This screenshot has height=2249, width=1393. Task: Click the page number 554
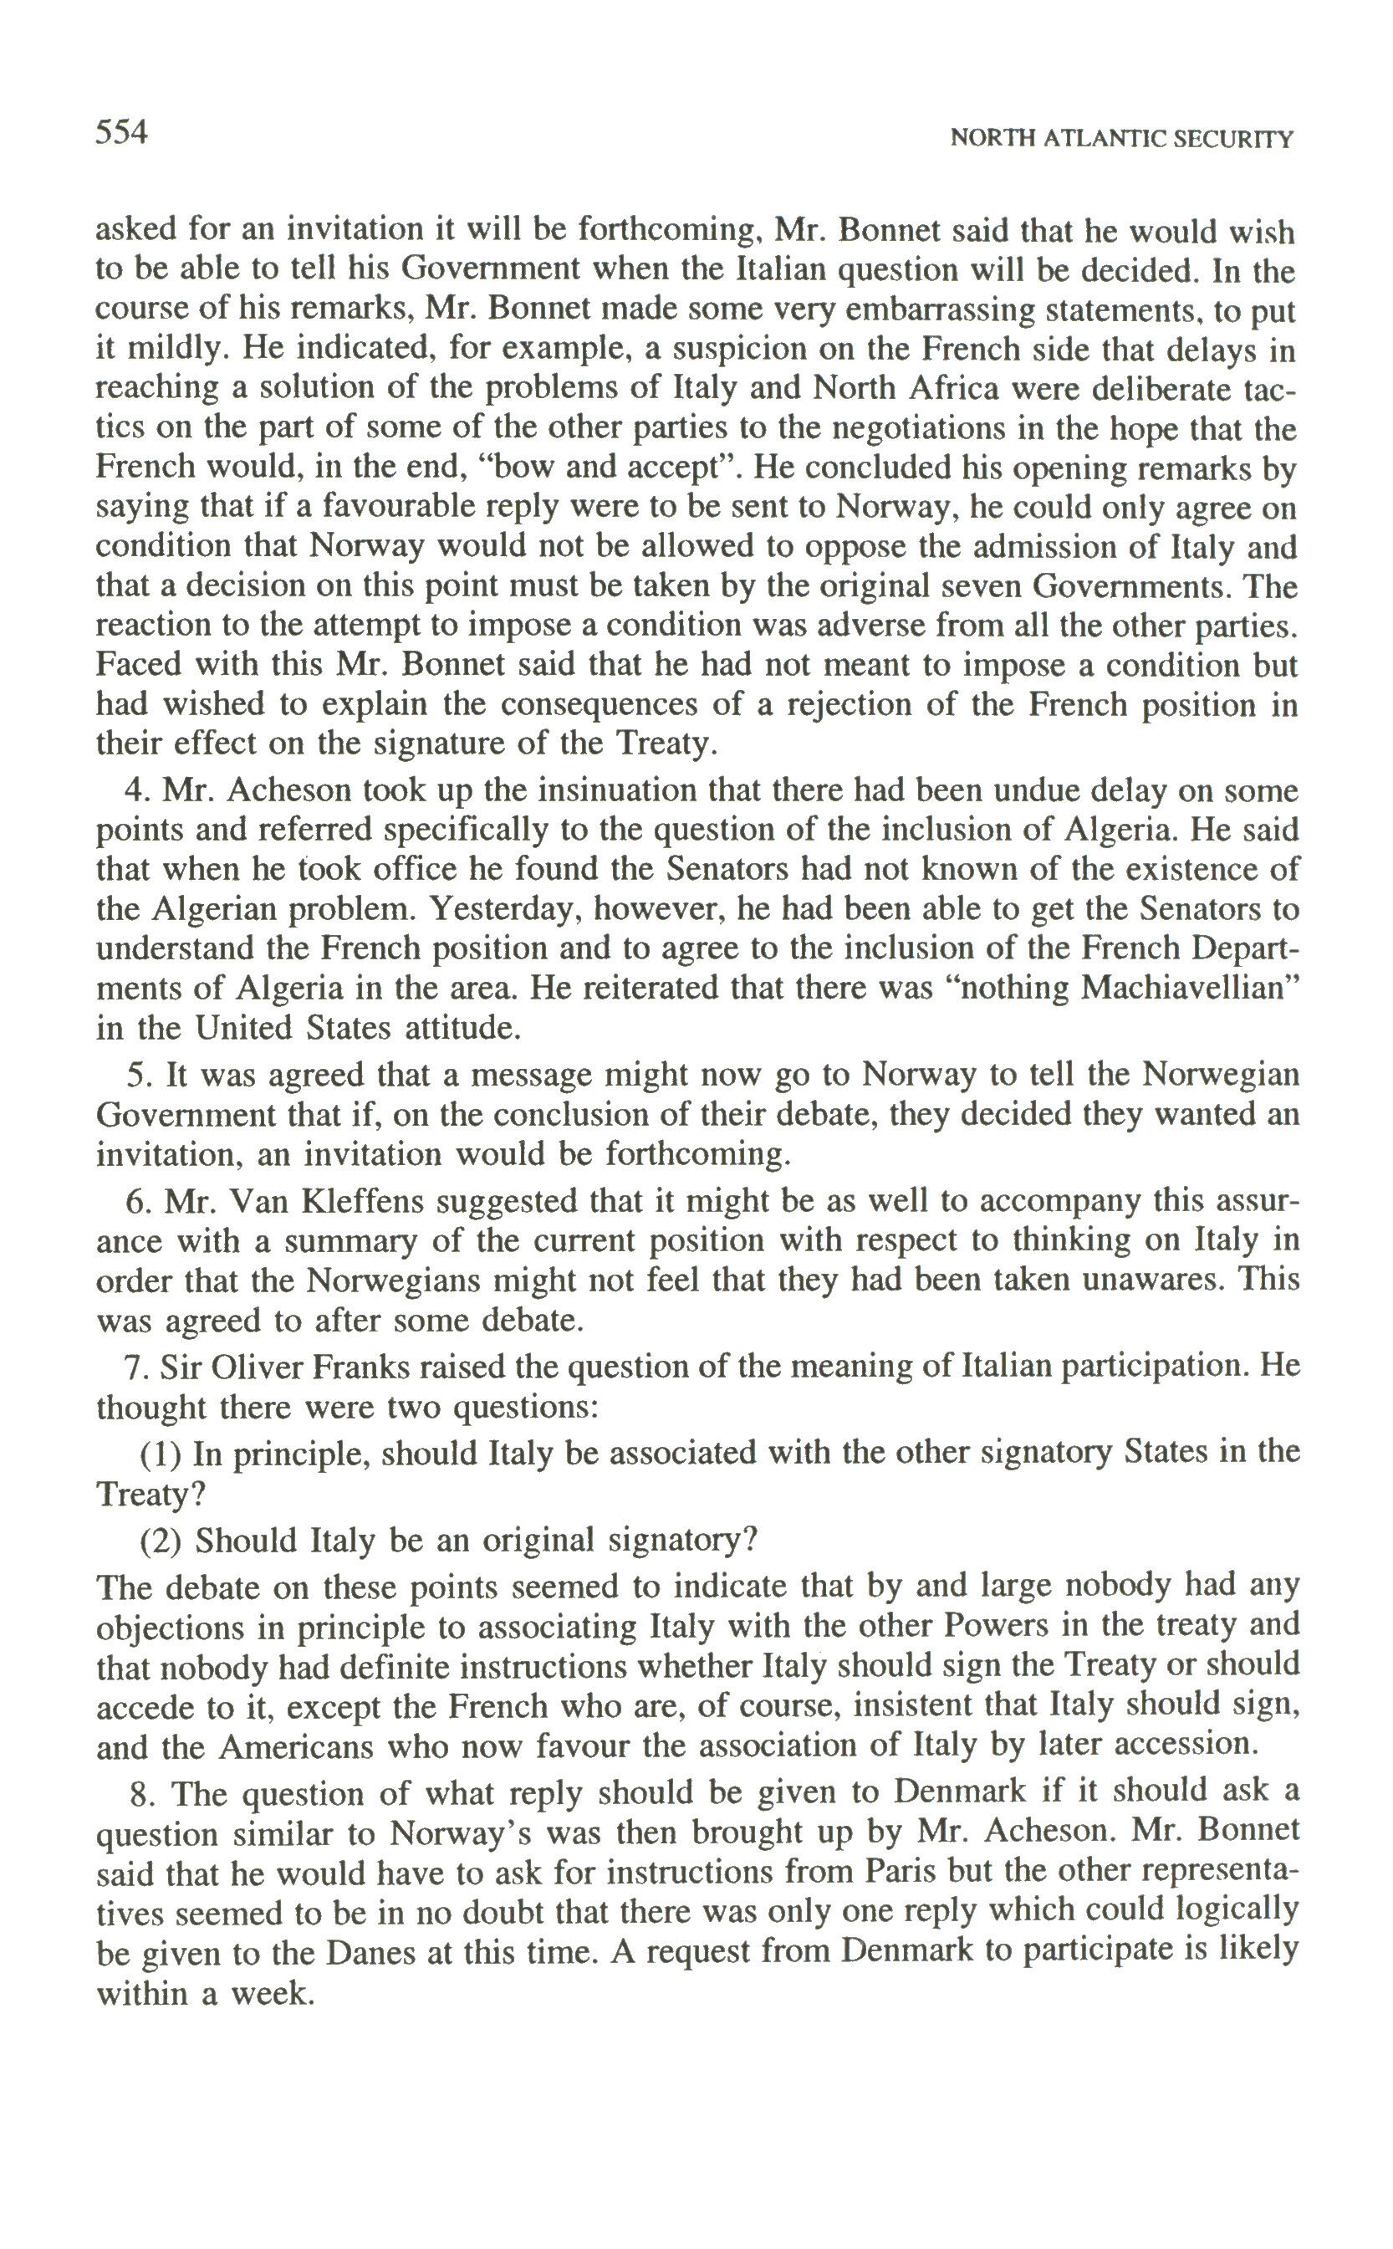pos(121,134)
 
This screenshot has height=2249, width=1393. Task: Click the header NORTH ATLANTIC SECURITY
pos(1121,139)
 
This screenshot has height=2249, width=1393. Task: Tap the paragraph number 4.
pos(136,790)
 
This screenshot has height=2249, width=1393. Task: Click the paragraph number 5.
pos(136,1074)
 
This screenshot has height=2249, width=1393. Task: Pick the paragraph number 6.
pos(136,1201)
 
